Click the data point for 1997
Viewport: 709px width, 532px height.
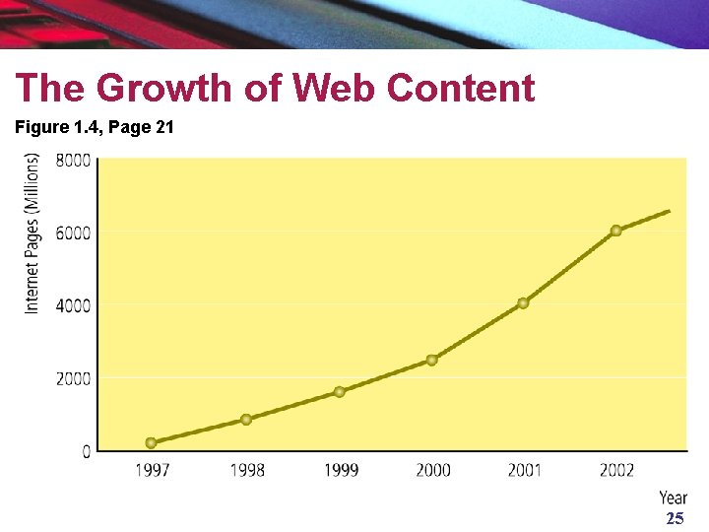click(x=152, y=442)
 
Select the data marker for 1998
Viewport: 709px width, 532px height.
click(x=246, y=420)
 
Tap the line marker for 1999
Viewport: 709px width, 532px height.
click(x=339, y=392)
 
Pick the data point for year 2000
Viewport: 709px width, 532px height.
click(x=432, y=361)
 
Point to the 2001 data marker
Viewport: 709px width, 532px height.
click(x=523, y=303)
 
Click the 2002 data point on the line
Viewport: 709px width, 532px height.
click(x=615, y=231)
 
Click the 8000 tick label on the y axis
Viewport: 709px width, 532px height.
click(x=73, y=161)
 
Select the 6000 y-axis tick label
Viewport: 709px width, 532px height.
click(x=73, y=233)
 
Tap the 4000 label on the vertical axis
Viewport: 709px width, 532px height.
click(x=73, y=306)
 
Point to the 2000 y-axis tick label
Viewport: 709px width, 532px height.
click(x=73, y=379)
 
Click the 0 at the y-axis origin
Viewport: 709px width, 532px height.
click(x=87, y=451)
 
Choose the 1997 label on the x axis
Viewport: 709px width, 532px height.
click(x=153, y=471)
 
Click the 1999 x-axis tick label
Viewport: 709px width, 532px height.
click(x=342, y=471)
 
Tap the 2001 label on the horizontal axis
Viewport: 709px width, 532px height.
click(x=525, y=471)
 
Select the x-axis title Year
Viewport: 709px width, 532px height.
click(x=673, y=498)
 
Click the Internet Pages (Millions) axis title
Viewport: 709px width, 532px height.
click(x=32, y=233)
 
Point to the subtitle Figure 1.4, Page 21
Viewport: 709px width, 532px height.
click(x=95, y=127)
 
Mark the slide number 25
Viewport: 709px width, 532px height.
click(x=676, y=518)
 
